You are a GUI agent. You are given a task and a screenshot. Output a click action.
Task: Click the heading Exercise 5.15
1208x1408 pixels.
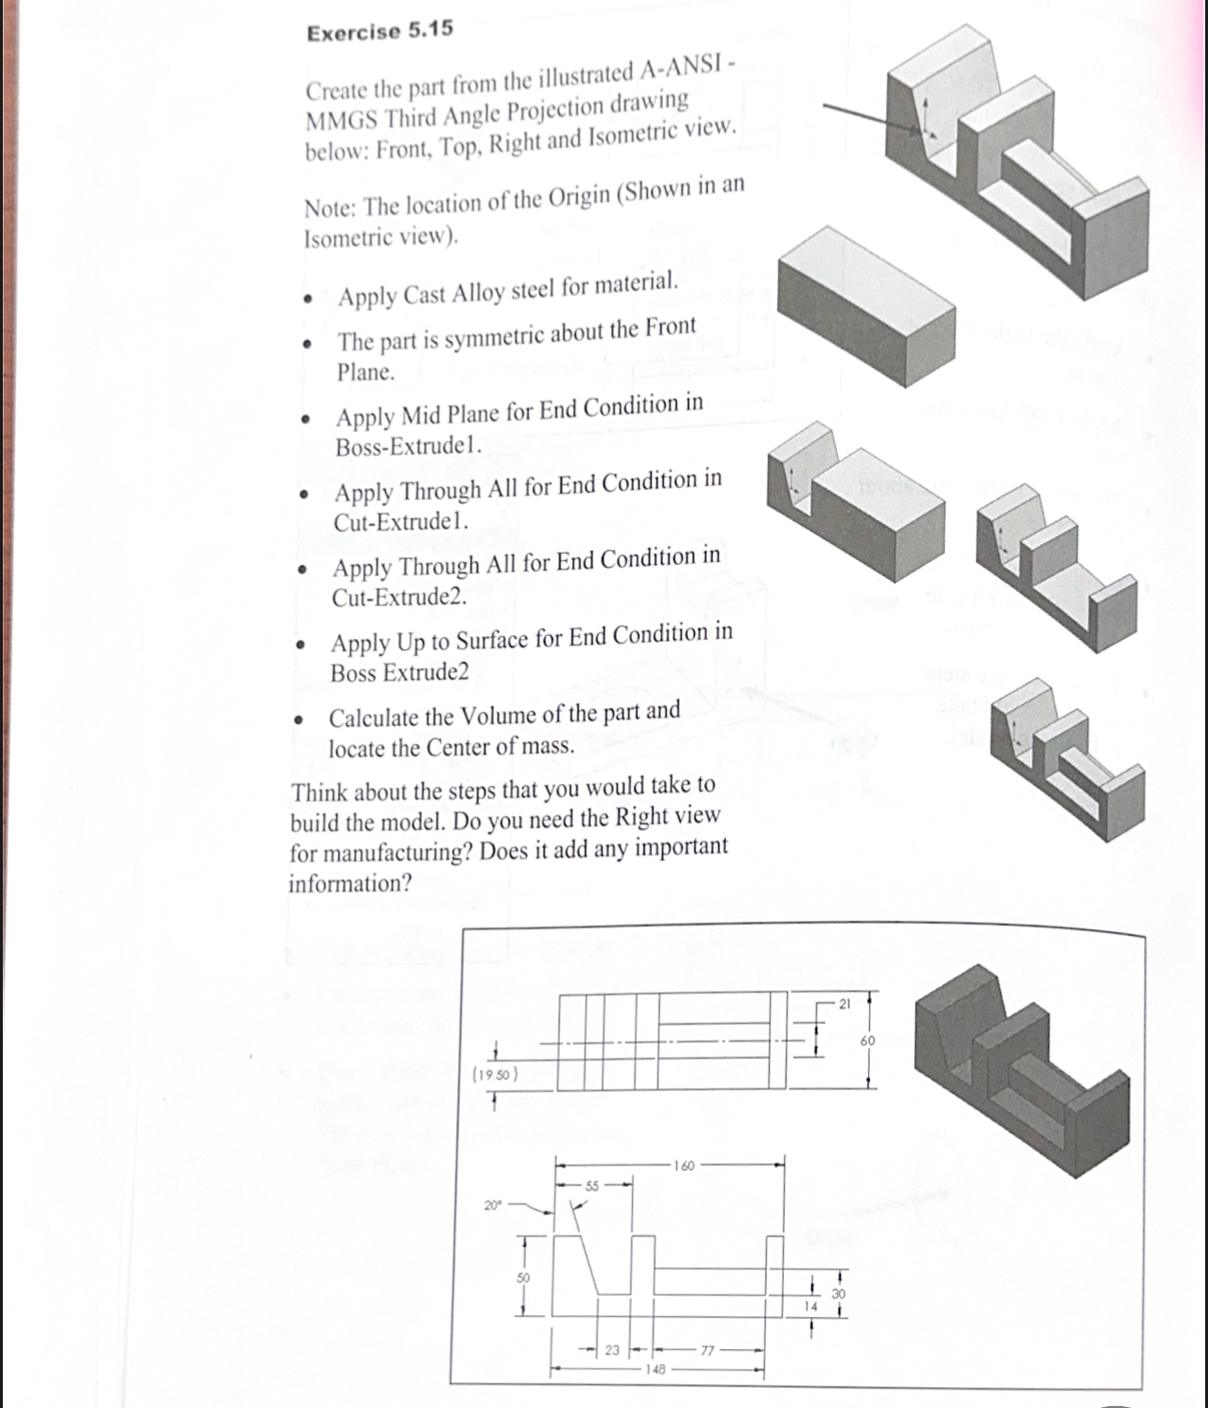[379, 31]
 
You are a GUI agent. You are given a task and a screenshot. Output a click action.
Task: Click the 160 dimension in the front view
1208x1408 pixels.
[684, 1165]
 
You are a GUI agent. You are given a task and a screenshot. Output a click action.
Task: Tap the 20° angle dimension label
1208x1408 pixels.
[493, 1205]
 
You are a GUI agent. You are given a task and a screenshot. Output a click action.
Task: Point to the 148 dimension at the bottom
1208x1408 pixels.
[655, 1369]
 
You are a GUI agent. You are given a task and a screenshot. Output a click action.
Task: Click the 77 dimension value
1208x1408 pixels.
[707, 1351]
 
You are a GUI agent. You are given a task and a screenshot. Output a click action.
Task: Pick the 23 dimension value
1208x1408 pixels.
[611, 1350]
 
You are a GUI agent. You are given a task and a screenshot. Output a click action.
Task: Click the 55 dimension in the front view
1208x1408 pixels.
[592, 1186]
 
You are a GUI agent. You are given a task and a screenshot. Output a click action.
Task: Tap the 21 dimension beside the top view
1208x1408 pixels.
[843, 1004]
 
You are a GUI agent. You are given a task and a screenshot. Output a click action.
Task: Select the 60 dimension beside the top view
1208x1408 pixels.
[867, 1041]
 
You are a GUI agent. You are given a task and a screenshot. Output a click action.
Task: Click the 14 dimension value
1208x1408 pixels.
[811, 1305]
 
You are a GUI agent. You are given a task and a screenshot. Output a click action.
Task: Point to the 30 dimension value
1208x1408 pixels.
[838, 1294]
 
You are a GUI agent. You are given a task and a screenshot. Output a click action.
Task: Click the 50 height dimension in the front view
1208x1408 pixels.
[523, 1277]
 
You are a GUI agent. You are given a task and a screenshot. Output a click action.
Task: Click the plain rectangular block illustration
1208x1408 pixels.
[865, 306]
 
